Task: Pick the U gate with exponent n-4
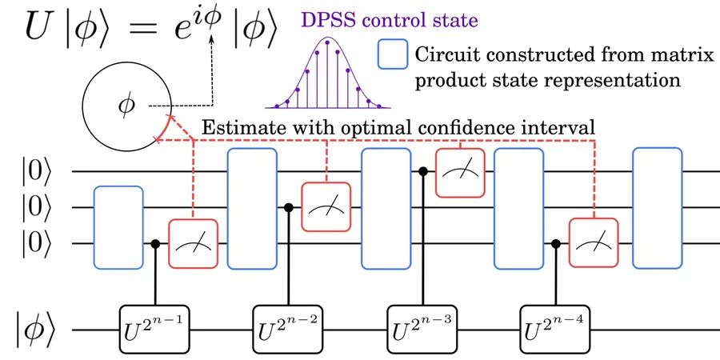[x=555, y=330]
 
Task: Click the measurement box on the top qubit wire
[x=460, y=173]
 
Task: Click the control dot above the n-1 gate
[x=155, y=243]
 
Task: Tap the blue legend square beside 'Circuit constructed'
[x=393, y=54]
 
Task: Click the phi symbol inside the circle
[x=126, y=105]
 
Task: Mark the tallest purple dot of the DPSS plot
[x=327, y=42]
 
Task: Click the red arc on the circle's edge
[x=162, y=130]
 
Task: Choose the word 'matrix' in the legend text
[x=687, y=55]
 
